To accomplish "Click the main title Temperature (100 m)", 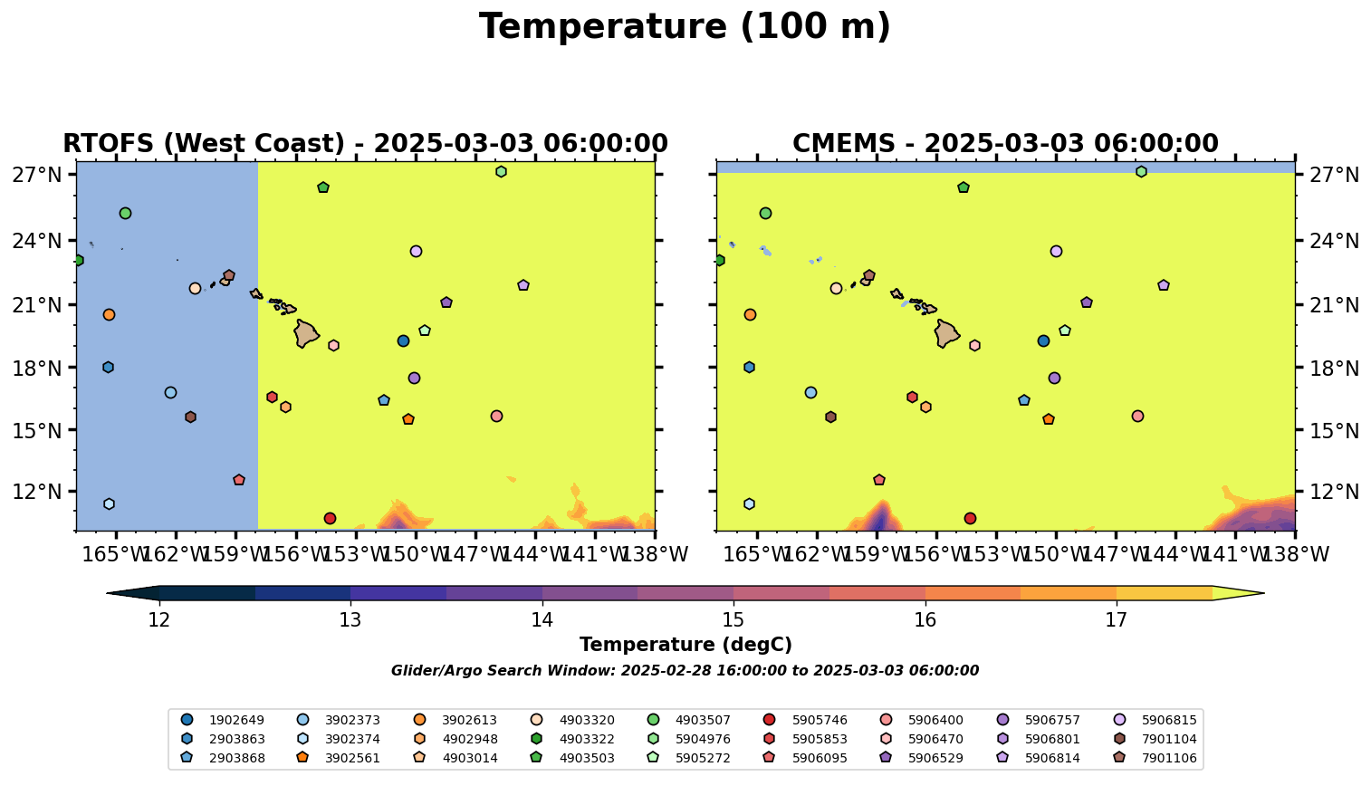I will (685, 27).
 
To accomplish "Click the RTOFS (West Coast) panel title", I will (365, 144).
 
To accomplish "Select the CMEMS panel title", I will (1005, 144).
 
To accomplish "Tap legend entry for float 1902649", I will (236, 721).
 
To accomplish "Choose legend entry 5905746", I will (819, 721).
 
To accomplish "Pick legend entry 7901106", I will (1168, 758).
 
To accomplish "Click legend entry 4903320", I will (587, 721).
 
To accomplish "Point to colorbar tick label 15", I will (733, 620).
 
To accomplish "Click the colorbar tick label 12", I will (159, 620).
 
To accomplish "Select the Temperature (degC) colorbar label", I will (685, 645).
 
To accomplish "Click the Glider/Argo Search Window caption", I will (685, 671).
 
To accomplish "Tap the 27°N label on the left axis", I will (36, 175).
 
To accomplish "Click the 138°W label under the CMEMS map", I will (1293, 554).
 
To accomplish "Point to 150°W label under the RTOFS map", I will (416, 554).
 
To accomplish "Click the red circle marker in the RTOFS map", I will (330, 518).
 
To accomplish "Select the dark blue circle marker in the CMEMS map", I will (1043, 340).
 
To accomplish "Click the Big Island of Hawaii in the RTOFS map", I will (305, 333).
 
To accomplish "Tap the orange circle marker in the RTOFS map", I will (109, 314).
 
